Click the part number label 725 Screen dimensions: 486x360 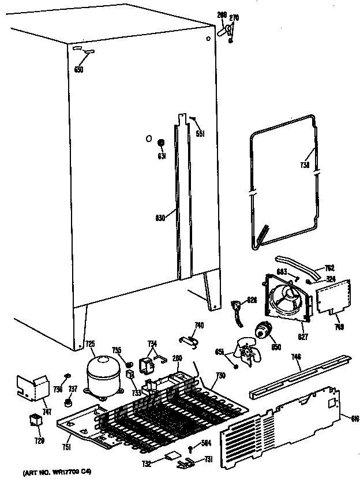pos(90,345)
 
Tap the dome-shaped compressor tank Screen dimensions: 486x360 pos(102,375)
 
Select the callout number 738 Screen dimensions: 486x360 pos(305,166)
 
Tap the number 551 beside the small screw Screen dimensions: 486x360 pos(200,134)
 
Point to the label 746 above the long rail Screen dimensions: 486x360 pos(295,358)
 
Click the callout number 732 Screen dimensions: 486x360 pos(147,463)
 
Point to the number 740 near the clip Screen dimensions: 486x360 pos(198,325)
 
